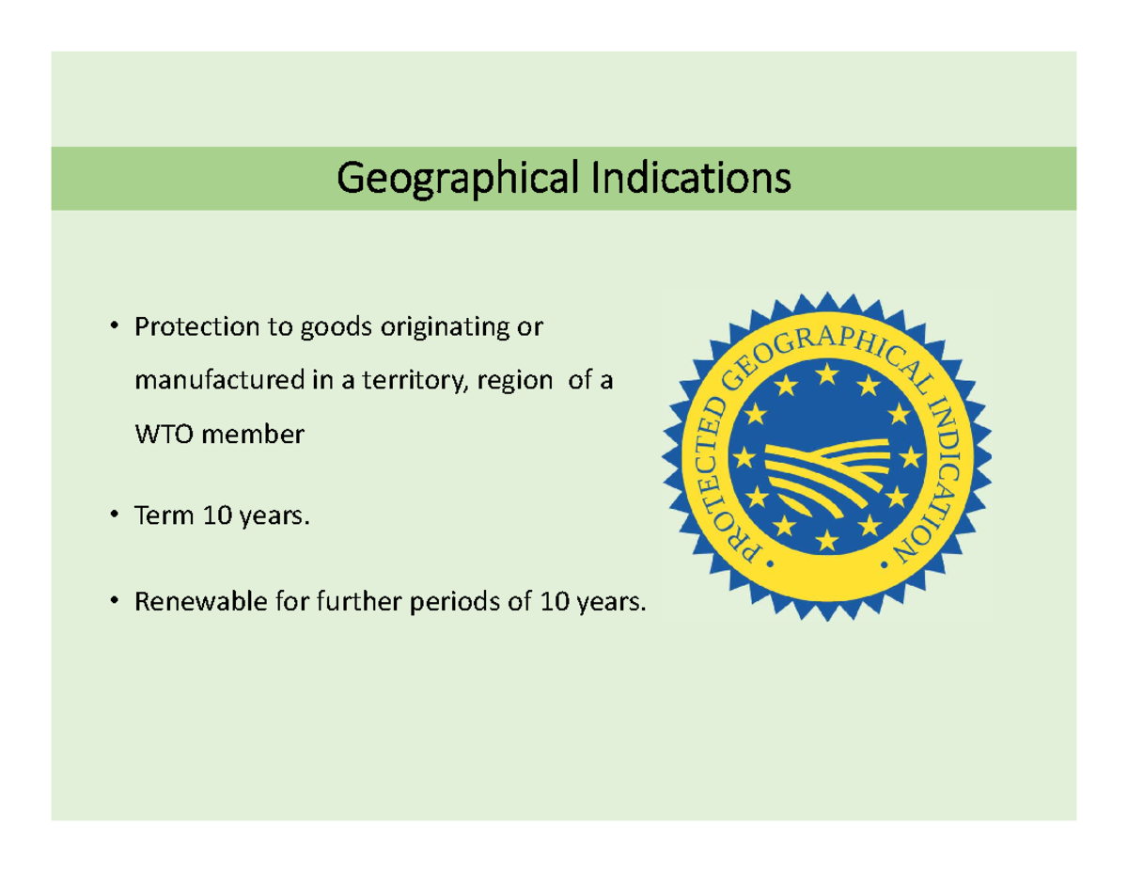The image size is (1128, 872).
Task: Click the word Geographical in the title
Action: tap(457, 179)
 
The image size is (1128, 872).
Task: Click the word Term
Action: tap(159, 516)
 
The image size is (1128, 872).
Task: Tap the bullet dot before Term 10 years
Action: tap(113, 516)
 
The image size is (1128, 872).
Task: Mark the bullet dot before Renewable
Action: tap(113, 599)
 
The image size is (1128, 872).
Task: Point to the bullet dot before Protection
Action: tap(113, 328)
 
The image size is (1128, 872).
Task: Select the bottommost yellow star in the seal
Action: tap(827, 539)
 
